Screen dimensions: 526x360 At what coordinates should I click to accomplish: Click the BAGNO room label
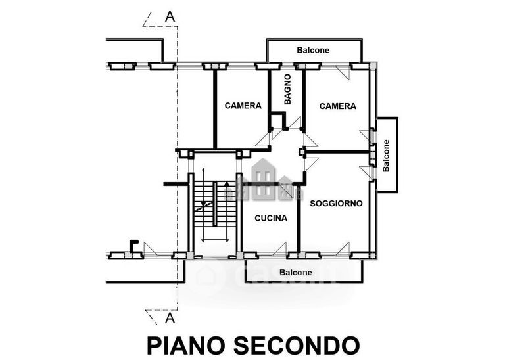point(287,89)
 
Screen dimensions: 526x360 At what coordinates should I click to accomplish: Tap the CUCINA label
point(271,218)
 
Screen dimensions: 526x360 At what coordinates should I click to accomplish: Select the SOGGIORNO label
point(336,204)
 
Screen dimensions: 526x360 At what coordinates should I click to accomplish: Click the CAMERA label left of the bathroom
point(243,106)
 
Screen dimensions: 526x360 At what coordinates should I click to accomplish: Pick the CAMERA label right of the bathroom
point(337,106)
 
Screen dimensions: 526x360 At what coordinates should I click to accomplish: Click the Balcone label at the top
point(313,50)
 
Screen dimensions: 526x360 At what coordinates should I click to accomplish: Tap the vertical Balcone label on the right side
point(386,156)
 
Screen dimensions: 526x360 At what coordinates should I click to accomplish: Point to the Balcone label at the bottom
point(295,272)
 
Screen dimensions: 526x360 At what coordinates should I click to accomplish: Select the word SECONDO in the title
point(297,346)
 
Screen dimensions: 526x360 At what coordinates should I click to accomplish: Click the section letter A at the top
point(170,16)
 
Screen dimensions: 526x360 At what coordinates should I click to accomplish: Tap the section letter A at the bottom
point(170,317)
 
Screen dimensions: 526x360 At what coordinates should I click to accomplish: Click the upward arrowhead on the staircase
point(227,184)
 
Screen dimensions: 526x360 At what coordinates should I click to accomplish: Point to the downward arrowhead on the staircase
point(203,204)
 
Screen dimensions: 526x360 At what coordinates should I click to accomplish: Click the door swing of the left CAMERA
point(262,139)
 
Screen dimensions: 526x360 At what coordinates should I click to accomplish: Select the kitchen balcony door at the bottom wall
point(279,249)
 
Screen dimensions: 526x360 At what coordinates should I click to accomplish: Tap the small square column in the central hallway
point(302,152)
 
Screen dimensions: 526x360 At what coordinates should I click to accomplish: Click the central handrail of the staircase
point(215,204)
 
